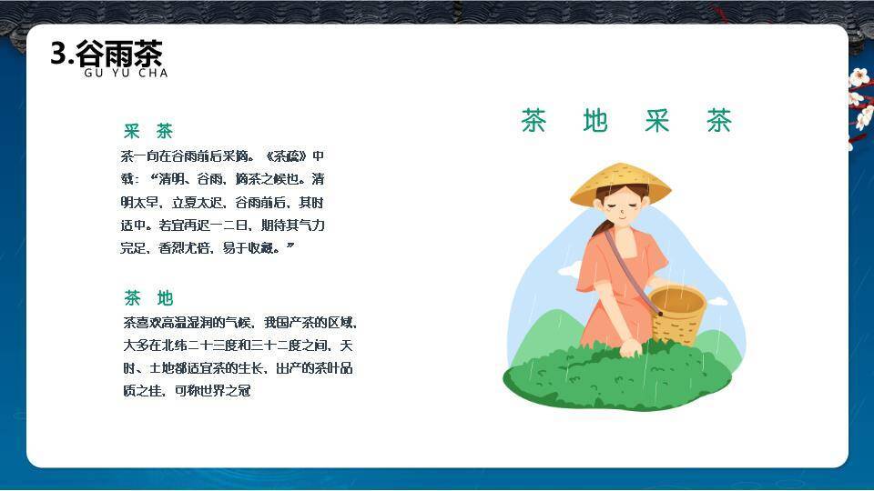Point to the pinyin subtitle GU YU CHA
(x=126, y=73)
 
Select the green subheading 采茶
(x=148, y=132)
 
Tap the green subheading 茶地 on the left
(x=148, y=298)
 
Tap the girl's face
(x=622, y=211)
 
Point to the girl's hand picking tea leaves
(x=631, y=346)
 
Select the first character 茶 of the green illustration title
(x=534, y=121)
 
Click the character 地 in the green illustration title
(x=595, y=121)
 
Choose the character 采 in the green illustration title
(x=657, y=121)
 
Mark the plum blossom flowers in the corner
(x=859, y=100)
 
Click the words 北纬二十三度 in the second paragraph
(x=195, y=346)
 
